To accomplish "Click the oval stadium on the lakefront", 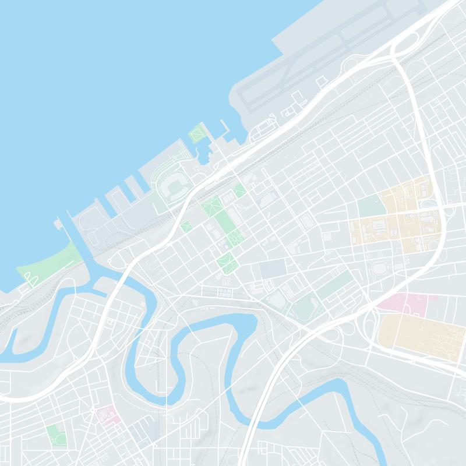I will click(173, 186).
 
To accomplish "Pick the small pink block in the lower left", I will click(108, 415).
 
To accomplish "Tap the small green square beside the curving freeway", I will click(186, 226).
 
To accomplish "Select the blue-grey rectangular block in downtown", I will click(273, 269).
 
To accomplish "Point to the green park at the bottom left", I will click(56, 434).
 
